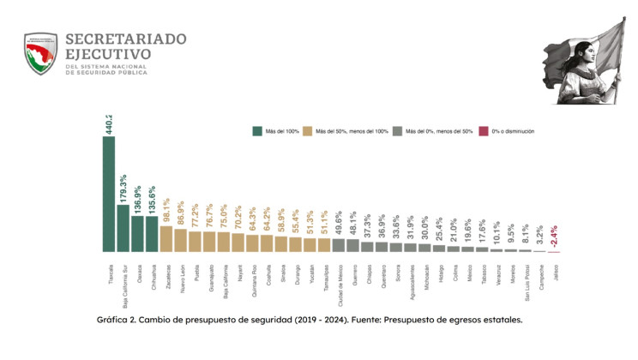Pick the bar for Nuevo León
[180, 241]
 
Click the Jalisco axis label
[555, 274]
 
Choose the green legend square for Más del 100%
[256, 132]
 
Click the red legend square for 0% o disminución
[484, 132]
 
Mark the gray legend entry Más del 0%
[438, 132]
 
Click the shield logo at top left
[40, 54]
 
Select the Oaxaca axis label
[138, 274]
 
